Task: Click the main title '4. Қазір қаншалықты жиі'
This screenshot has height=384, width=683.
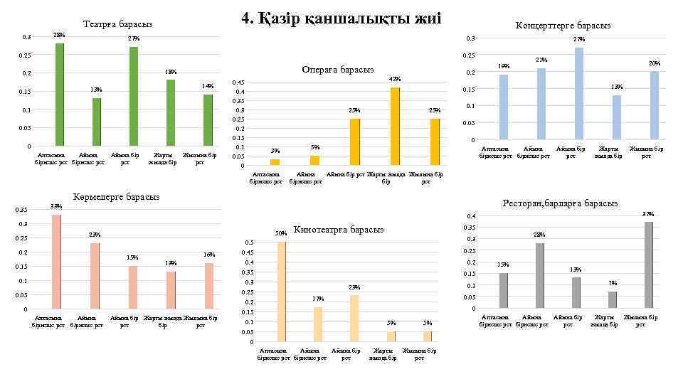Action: tap(341, 18)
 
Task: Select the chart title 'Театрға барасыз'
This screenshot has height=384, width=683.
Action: tap(117, 24)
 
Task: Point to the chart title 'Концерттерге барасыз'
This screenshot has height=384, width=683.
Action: tap(563, 26)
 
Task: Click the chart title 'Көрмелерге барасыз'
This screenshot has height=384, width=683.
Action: tap(117, 196)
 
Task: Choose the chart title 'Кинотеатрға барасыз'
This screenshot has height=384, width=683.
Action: tap(338, 229)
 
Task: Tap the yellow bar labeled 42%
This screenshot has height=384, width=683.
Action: tap(395, 126)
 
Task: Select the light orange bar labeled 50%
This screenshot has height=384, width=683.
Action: tap(282, 292)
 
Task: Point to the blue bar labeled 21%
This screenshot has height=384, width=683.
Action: tap(541, 103)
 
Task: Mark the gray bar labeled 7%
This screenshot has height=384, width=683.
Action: tap(613, 300)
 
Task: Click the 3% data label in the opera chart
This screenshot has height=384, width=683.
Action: tap(275, 151)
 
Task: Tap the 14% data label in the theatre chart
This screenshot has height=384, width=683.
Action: tap(208, 86)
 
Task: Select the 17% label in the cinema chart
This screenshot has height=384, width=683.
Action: tap(317, 299)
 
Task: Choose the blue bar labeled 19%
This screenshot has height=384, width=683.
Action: tap(504, 107)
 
